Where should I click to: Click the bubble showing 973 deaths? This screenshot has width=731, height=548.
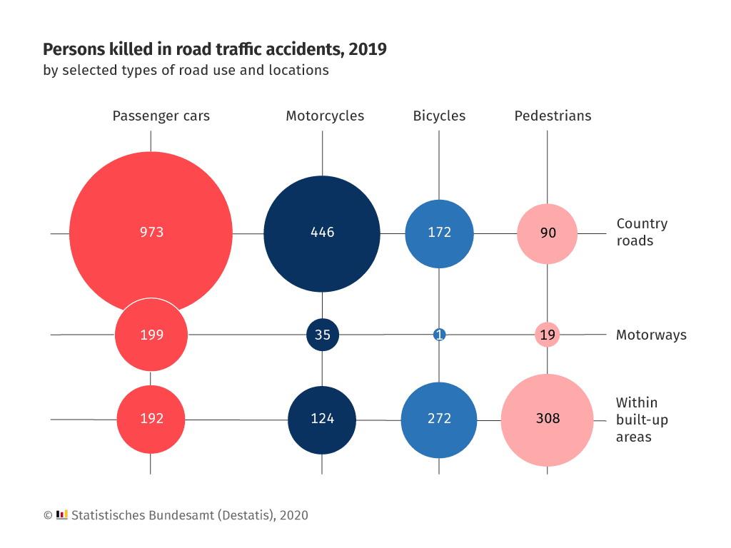tap(151, 233)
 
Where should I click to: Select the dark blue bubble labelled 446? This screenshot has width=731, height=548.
tap(322, 233)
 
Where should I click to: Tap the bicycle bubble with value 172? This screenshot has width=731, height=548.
tap(439, 233)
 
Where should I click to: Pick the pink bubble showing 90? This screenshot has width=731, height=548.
tap(547, 233)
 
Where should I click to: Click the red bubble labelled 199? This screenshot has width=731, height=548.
tap(151, 335)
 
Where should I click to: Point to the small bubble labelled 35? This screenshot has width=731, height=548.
tap(323, 335)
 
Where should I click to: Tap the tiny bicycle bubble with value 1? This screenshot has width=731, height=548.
tap(439, 335)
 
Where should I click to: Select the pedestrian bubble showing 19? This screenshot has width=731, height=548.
tap(548, 335)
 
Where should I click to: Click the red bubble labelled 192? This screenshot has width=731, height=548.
tap(151, 419)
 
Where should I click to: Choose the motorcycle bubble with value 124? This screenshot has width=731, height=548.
tap(322, 420)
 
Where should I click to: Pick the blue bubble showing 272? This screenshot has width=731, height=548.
tap(439, 420)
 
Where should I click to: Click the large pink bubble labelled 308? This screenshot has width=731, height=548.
tap(548, 419)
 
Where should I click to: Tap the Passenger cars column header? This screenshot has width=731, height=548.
tap(161, 116)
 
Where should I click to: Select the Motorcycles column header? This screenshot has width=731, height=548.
tap(325, 116)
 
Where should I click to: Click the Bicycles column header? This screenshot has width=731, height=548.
tap(439, 116)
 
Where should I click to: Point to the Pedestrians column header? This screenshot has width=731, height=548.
tap(553, 116)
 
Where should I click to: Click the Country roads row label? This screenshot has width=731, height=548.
tap(642, 232)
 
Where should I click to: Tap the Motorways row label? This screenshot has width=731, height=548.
tap(651, 335)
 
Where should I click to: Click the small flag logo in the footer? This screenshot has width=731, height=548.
tap(62, 514)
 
